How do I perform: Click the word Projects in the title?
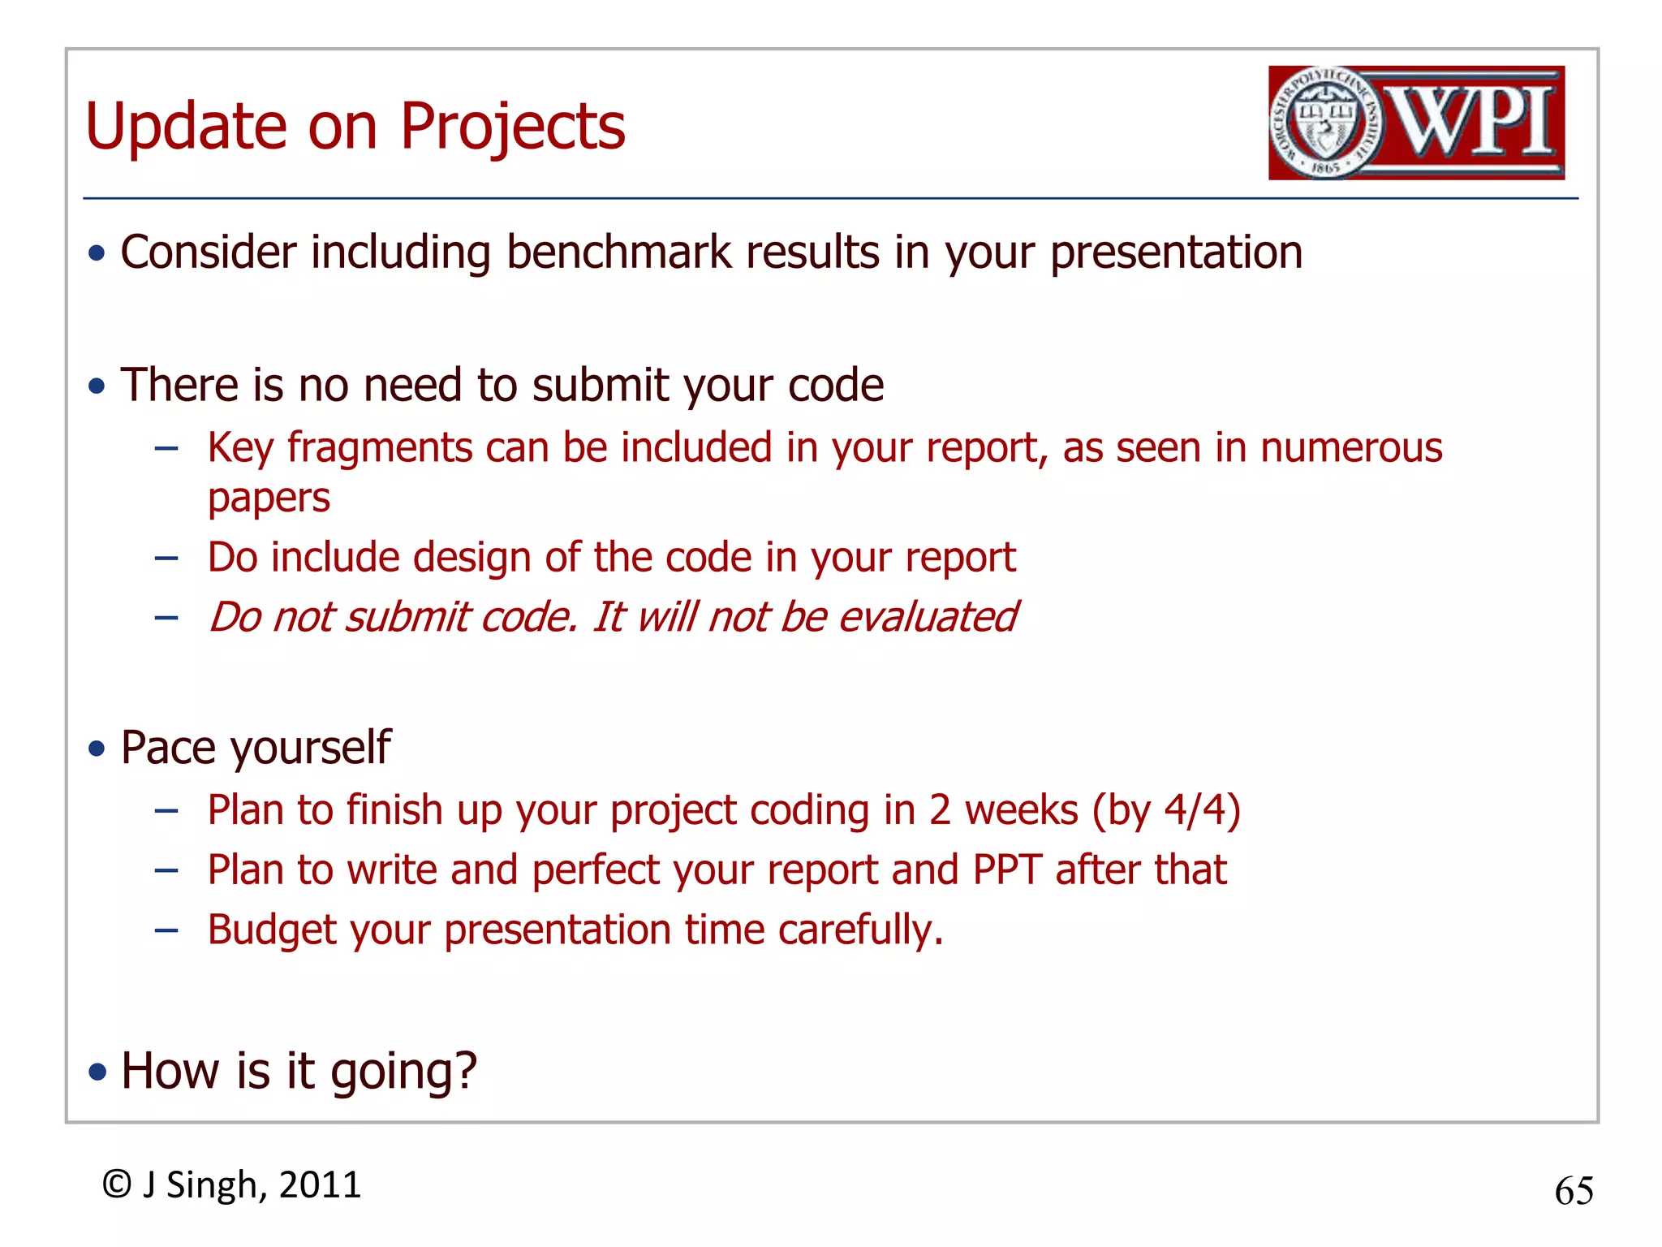click(512, 127)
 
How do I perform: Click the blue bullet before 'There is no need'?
click(97, 386)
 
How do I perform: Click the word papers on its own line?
click(269, 498)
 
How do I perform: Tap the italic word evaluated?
click(927, 617)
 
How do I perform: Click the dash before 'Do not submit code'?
click(166, 618)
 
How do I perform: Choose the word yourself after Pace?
click(312, 748)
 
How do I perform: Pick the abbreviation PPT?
click(1006, 870)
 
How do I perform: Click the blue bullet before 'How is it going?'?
click(97, 1072)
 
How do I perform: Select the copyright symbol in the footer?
click(117, 1184)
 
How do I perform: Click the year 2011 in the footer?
click(320, 1184)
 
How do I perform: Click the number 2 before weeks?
click(940, 810)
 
